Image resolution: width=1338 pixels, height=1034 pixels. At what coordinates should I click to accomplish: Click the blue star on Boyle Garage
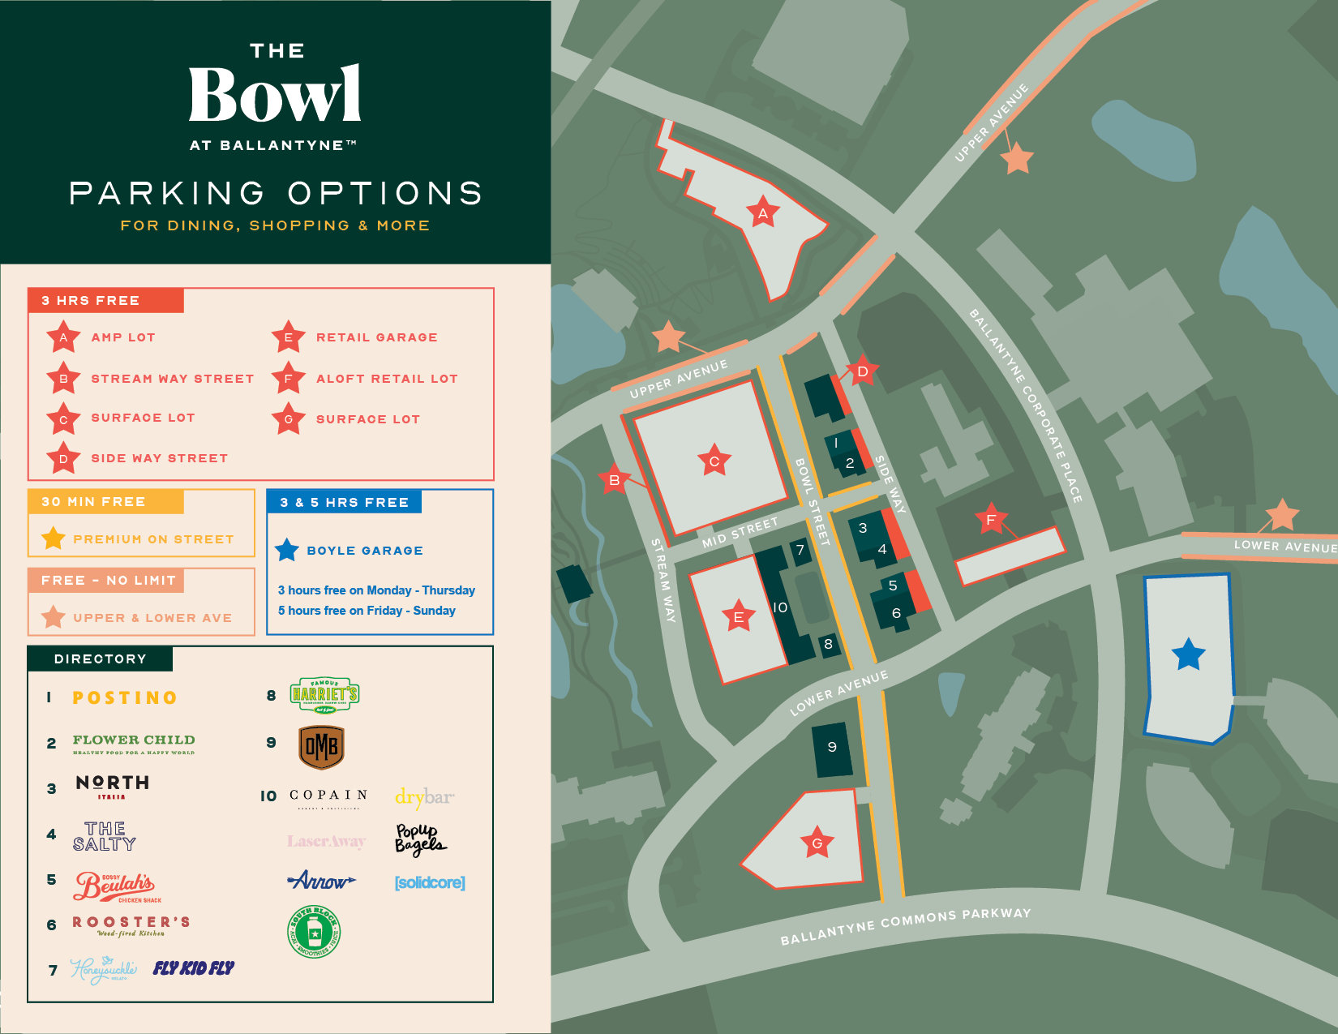point(1189,654)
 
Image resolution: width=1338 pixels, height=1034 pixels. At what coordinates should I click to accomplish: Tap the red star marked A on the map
point(762,213)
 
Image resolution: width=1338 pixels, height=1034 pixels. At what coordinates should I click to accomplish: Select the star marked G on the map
point(817,843)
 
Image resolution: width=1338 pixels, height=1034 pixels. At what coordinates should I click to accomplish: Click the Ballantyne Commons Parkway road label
point(905,926)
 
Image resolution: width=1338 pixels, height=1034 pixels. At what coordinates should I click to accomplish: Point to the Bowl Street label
point(812,501)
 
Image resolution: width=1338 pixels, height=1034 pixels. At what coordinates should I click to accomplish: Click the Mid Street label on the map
point(740,532)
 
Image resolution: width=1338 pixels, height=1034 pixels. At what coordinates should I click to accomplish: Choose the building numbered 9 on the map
point(832,749)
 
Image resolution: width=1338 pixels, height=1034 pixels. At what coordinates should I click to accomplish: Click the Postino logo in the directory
point(125,697)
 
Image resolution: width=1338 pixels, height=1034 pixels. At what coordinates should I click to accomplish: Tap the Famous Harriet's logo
point(324,695)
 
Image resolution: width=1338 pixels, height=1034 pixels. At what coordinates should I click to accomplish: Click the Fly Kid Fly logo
point(194,968)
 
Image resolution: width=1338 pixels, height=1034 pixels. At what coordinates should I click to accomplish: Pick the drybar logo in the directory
point(424,797)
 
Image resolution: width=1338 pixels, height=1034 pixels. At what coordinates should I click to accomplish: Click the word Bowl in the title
point(275,95)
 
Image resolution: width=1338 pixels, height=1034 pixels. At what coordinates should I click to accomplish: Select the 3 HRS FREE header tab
point(106,301)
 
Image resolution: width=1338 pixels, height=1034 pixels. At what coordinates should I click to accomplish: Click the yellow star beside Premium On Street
point(54,538)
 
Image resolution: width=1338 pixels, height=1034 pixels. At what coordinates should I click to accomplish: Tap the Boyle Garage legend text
point(365,551)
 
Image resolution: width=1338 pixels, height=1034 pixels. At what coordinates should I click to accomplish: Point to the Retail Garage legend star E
point(288,337)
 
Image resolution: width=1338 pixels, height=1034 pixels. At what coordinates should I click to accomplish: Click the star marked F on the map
point(990,519)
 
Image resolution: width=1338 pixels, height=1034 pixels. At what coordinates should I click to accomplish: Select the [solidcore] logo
point(430,882)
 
